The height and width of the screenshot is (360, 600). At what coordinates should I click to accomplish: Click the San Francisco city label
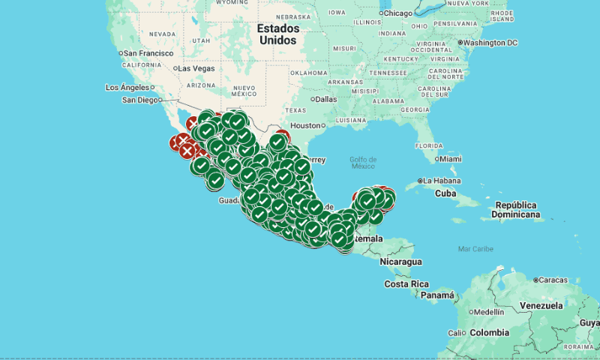(148, 53)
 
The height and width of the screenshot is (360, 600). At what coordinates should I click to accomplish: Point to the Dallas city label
(325, 99)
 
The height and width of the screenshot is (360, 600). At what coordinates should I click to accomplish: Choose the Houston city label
(305, 125)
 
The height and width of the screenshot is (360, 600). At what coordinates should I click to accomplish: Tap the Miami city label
(450, 159)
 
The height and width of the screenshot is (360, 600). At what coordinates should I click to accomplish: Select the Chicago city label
(397, 13)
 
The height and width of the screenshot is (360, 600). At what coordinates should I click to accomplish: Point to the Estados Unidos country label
(277, 34)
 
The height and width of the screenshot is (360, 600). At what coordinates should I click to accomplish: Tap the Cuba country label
(445, 193)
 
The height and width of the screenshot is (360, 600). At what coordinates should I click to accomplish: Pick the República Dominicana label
(517, 210)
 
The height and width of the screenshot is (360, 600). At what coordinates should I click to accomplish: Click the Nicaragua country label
(400, 262)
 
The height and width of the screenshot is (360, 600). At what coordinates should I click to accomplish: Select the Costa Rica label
(406, 284)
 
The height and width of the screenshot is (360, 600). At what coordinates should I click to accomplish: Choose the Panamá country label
(436, 295)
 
